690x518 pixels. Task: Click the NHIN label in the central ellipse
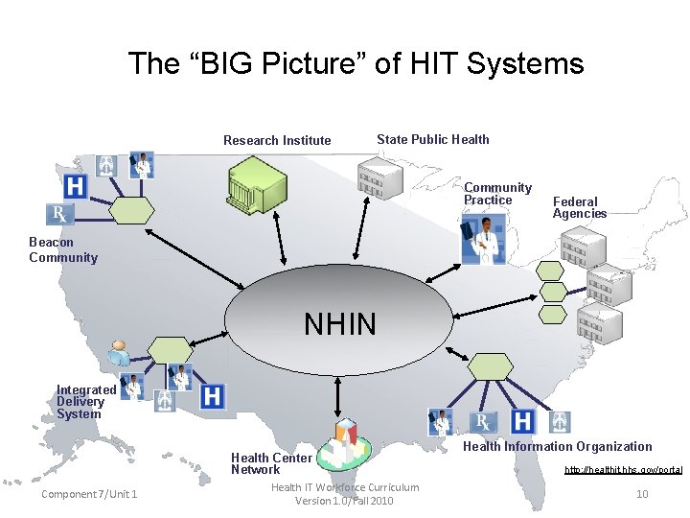click(339, 325)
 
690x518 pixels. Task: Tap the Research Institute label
click(277, 140)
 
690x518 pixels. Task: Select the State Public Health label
click(432, 139)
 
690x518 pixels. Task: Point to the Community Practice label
click(497, 194)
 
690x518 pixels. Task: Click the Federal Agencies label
click(579, 207)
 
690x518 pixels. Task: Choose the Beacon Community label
click(63, 249)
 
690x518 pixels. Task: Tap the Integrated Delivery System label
click(85, 402)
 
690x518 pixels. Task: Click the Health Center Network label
click(271, 463)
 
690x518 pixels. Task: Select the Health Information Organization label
click(557, 446)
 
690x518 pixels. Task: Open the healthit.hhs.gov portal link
click(623, 470)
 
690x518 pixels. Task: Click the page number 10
click(642, 493)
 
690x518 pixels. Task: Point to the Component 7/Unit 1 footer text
click(89, 494)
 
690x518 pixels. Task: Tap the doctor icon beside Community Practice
click(484, 240)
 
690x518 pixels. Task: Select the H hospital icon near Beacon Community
click(75, 185)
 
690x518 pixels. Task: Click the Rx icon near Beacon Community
click(58, 213)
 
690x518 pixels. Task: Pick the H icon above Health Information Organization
click(522, 421)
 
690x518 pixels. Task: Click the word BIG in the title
click(218, 64)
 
